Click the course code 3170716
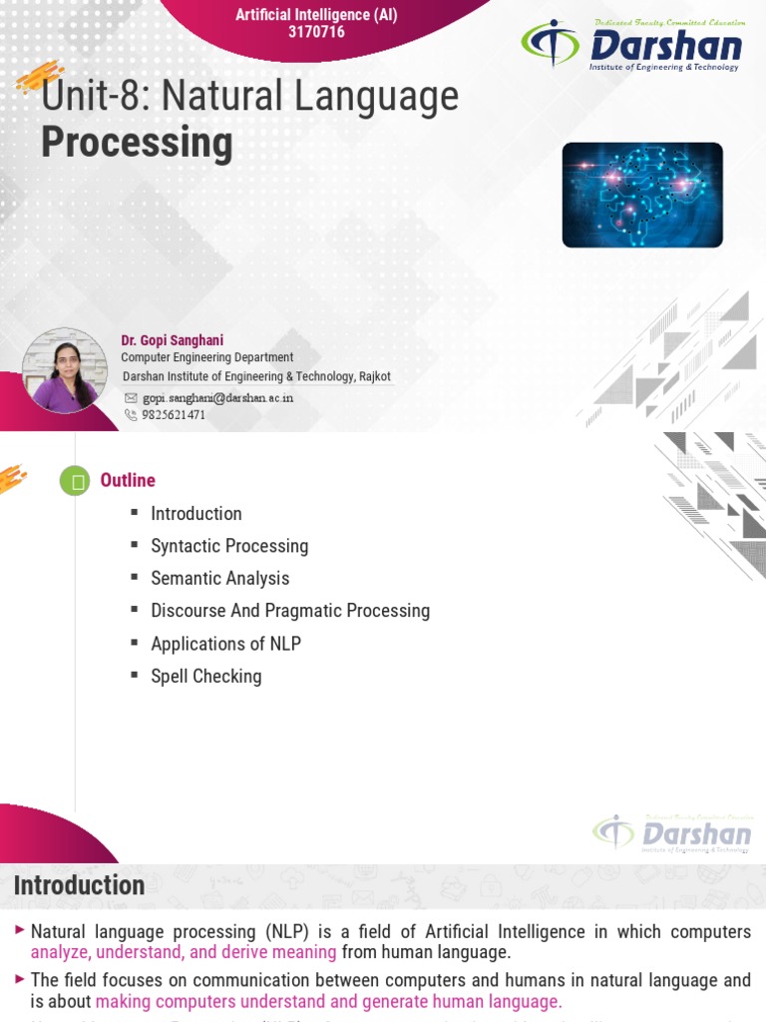(315, 33)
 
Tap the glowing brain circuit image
(642, 195)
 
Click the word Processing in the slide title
(137, 144)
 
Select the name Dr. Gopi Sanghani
(173, 340)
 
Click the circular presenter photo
(65, 370)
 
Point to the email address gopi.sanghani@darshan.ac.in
(217, 397)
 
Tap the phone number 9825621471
(174, 415)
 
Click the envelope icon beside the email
(131, 397)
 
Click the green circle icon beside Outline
(75, 481)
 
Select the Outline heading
(128, 480)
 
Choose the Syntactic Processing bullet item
(229, 546)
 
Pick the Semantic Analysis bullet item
(219, 578)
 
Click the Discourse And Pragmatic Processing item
(290, 610)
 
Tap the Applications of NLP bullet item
(225, 644)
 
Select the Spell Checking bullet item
(205, 676)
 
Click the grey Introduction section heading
(80, 885)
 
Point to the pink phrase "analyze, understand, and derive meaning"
(184, 952)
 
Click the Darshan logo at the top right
(632, 45)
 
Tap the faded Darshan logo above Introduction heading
(672, 833)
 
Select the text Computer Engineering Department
(207, 357)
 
